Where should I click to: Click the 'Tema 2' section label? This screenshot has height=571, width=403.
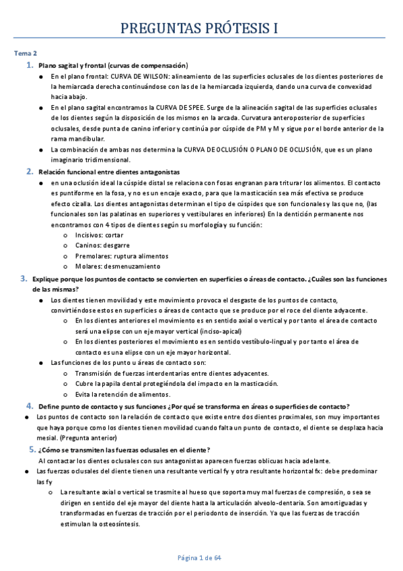[x=26, y=53]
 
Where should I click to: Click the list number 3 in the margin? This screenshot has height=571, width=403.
[x=23, y=278]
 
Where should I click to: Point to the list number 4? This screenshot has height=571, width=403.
[x=30, y=405]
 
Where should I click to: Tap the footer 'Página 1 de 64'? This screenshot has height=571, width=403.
[x=200, y=558]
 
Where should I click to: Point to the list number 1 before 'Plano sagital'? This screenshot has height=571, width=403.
[x=30, y=65]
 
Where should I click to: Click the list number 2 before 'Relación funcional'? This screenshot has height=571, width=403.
[x=30, y=172]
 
